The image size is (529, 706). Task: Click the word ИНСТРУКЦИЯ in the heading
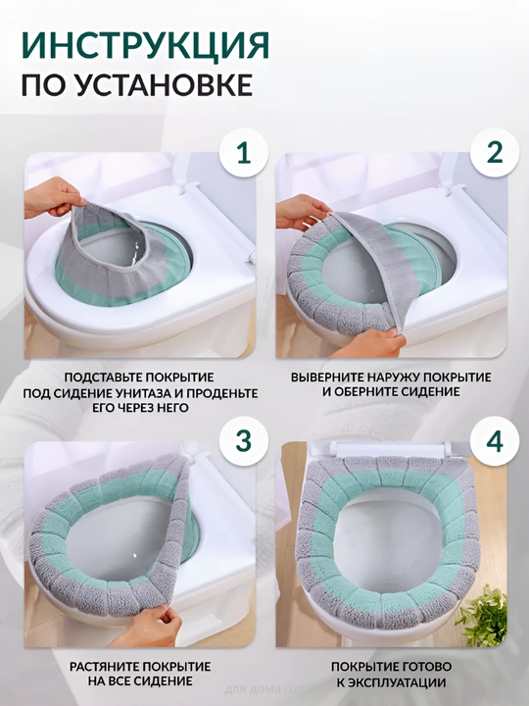(x=145, y=44)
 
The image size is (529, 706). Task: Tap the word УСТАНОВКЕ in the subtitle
(x=164, y=84)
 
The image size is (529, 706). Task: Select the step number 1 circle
(x=244, y=153)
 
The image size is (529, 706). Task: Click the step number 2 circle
(x=495, y=153)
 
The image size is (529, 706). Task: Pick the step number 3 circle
(x=244, y=441)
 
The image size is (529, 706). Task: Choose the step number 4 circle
(x=495, y=441)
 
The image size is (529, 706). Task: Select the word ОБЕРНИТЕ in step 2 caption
(x=362, y=391)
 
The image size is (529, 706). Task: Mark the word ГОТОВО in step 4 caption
(x=424, y=667)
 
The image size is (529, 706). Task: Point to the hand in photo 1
(x=53, y=199)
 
